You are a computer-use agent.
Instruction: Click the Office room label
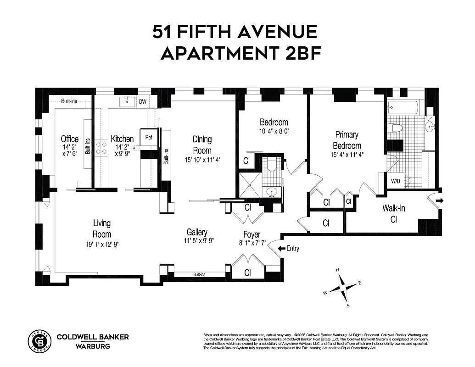point(70,139)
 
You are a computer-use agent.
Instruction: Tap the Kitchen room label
point(123,139)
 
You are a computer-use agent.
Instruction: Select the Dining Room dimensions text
point(202,160)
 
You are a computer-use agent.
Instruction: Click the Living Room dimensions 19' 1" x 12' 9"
point(102,244)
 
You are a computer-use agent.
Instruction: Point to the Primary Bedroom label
point(347,140)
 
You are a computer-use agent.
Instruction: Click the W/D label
point(395,181)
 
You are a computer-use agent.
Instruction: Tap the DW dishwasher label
point(143,101)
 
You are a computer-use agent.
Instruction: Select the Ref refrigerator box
point(149,137)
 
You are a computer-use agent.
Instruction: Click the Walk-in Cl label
point(393,213)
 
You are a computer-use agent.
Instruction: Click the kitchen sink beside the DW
point(126,101)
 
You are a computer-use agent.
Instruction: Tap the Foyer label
point(252,235)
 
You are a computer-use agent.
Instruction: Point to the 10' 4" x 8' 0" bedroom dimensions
point(274,131)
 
